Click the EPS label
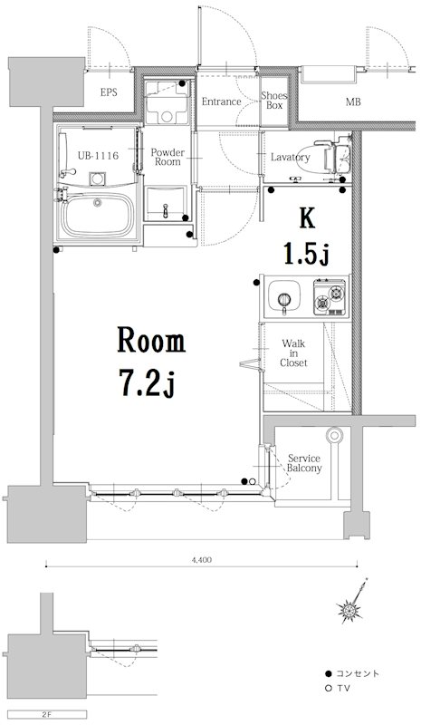pos(109,92)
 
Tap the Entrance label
pos(221,101)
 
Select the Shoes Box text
pos(274,101)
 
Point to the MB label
pos(353,101)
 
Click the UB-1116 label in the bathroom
pos(98,156)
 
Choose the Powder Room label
pos(167,157)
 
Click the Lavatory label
pos(291,157)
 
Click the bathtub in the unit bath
pos(98,215)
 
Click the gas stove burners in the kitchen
pos(330,297)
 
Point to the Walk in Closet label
pos(293,353)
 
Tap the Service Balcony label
pos(304,463)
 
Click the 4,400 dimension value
pos(202,560)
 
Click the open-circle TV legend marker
pos(329,689)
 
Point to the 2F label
pos(46,714)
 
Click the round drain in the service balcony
pos(334,435)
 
